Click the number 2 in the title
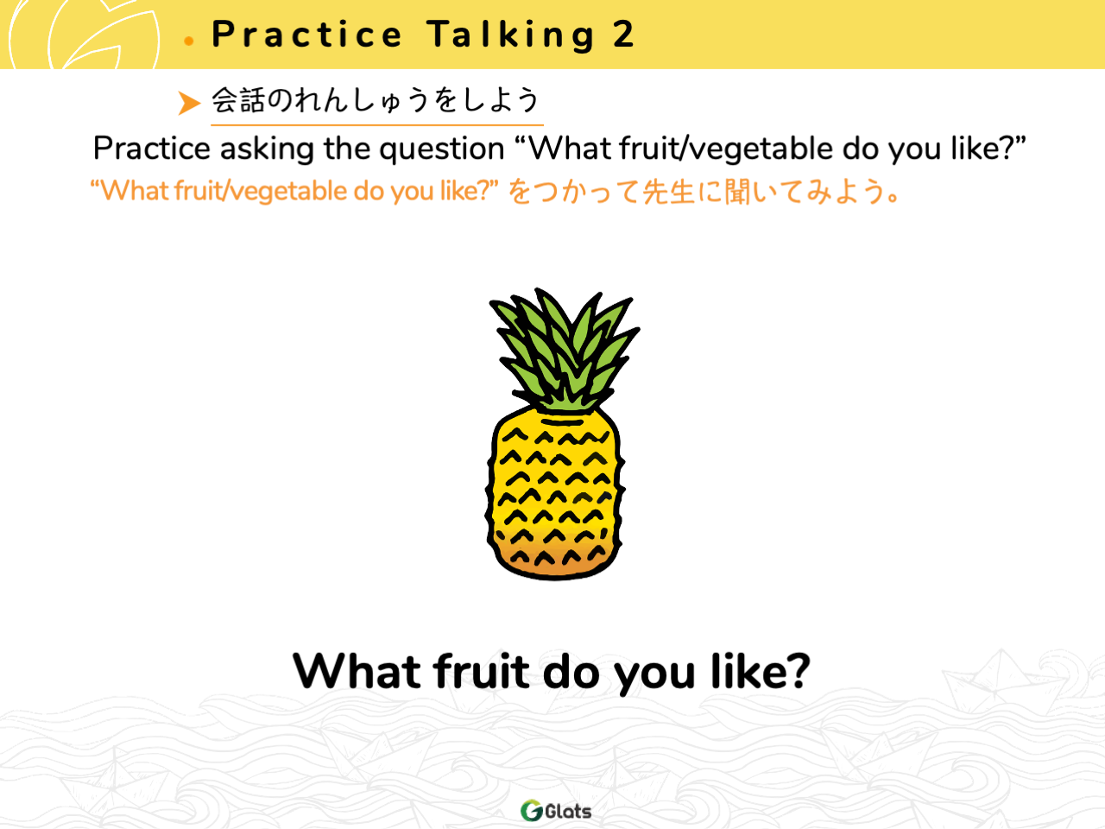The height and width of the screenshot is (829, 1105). point(623,35)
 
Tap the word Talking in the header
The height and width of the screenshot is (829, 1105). point(511,35)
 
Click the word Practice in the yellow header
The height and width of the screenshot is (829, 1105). point(306,35)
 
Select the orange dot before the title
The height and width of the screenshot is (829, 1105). point(189,41)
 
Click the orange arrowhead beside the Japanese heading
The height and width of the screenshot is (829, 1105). point(189,103)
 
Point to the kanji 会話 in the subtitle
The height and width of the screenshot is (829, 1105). point(237,99)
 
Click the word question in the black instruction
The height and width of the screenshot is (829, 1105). point(441,149)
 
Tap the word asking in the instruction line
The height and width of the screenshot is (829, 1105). point(267,149)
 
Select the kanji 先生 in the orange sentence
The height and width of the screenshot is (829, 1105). point(668,192)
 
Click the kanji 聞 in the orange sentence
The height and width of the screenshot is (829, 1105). point(737,192)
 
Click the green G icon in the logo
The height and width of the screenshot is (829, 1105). point(532,810)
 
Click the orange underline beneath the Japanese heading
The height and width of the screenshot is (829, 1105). point(377,124)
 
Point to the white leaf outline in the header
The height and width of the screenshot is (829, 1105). point(85,35)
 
